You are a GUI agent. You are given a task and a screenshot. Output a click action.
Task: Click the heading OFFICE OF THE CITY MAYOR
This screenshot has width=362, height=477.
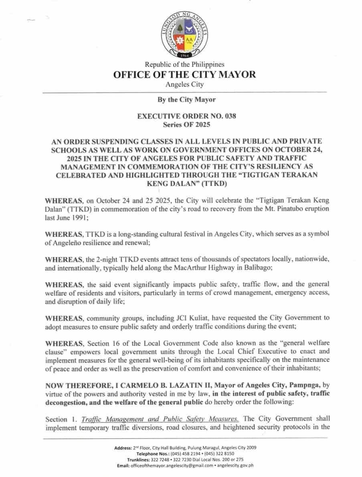click(x=184, y=75)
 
